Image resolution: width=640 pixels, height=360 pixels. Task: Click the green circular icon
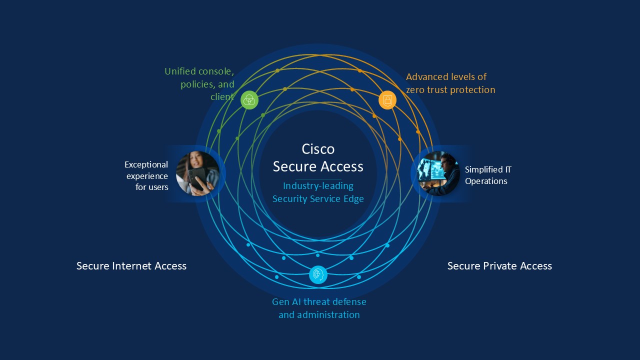coord(249,100)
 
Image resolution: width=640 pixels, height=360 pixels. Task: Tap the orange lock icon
coord(387,100)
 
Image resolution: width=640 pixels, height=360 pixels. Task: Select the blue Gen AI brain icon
coord(318,274)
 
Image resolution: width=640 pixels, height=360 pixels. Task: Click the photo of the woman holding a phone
coord(197,173)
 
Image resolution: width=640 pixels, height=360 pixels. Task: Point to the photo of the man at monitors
coord(438,173)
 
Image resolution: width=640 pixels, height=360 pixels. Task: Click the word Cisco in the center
coord(318,149)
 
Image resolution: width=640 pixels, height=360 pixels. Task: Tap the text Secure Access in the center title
coord(318,166)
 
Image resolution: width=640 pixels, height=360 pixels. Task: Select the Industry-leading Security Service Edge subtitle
coord(318,192)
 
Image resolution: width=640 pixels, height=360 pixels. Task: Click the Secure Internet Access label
coord(131,266)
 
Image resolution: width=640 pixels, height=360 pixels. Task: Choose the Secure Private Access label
coord(499,266)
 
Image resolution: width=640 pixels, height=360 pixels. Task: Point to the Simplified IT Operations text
coord(487,175)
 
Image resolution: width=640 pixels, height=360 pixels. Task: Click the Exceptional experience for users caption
coord(146,175)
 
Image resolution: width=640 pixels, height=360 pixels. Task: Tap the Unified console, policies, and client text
coord(200,84)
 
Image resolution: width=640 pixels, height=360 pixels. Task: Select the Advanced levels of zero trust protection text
coord(450,83)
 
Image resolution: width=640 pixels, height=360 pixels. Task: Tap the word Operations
coord(486,181)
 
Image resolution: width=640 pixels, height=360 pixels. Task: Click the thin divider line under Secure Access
coord(318,179)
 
